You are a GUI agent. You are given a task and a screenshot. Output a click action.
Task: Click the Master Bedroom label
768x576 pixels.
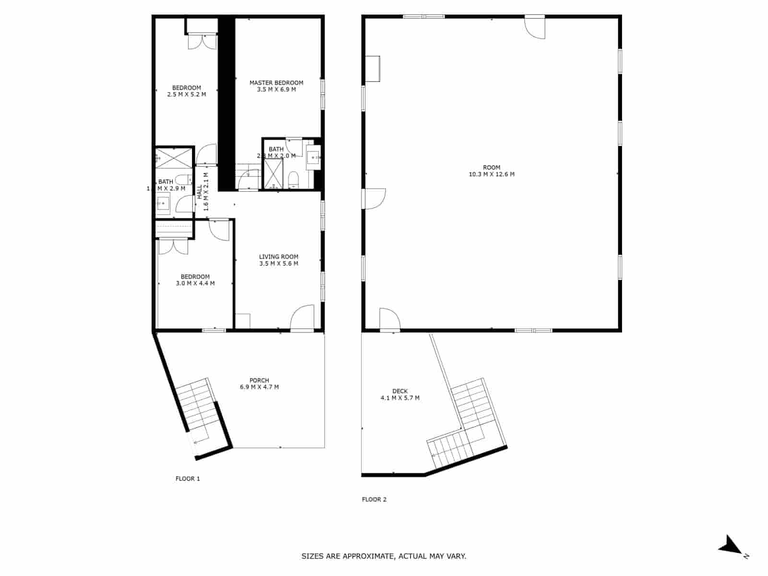point(276,83)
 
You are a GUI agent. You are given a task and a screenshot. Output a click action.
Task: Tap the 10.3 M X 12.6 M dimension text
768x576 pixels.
point(492,174)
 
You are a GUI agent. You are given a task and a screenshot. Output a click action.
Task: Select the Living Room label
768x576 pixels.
point(279,257)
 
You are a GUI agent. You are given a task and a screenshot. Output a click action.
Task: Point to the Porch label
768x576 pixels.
point(259,380)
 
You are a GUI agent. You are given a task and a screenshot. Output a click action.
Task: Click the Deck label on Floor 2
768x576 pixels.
point(400,391)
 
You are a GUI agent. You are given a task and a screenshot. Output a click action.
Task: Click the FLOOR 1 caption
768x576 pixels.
point(188,479)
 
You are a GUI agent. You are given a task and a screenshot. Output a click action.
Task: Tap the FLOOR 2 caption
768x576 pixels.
point(374,499)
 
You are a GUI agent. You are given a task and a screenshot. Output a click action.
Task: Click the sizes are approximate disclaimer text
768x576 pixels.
point(384,556)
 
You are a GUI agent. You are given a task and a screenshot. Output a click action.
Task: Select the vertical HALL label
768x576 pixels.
point(199,192)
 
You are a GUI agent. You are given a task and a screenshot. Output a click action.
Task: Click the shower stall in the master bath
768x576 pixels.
point(274,173)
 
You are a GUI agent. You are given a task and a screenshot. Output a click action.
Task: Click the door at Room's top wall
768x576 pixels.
point(535,28)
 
